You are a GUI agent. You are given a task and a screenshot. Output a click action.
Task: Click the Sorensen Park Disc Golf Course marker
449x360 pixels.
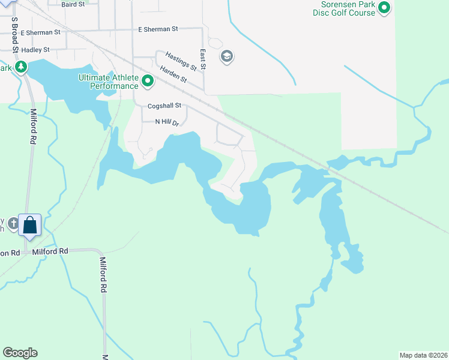(x=384, y=8)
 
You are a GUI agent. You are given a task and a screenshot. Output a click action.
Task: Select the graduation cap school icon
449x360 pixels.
(x=226, y=57)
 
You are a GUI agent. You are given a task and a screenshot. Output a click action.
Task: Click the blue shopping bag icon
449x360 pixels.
(x=29, y=225)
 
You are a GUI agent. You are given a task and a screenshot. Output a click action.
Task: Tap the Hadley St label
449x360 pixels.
(x=35, y=50)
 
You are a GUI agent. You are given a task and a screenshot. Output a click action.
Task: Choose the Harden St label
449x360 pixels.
(x=172, y=80)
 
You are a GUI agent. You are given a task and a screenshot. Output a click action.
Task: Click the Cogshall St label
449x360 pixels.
(x=164, y=106)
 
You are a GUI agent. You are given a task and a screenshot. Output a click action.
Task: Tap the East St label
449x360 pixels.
(x=203, y=60)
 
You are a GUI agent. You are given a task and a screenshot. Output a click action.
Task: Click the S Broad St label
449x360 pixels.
(x=14, y=34)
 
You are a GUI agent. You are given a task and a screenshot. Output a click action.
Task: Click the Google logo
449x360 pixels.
(x=20, y=353)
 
